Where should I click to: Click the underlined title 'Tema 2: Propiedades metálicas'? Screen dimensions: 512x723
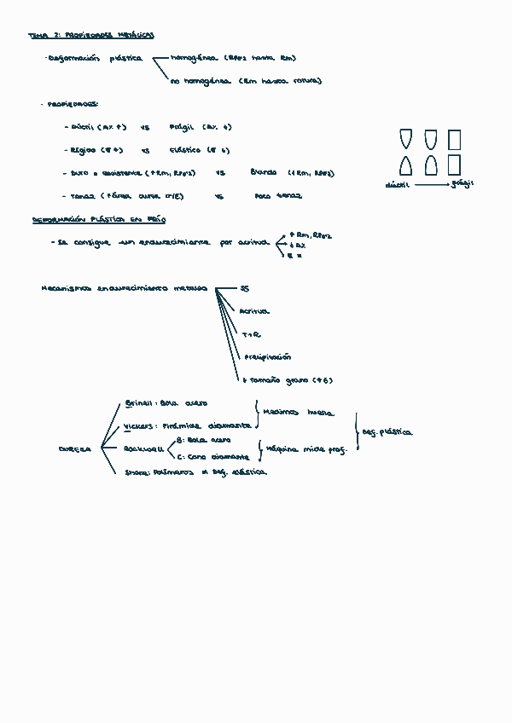point(91,36)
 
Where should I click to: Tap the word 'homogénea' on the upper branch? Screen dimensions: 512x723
point(195,59)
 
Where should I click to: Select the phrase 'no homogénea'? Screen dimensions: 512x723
point(200,82)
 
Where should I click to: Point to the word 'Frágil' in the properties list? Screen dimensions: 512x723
point(182,127)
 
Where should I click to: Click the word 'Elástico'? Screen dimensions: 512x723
point(184,150)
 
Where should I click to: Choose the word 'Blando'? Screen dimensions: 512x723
point(264,172)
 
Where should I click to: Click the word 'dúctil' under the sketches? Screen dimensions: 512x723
point(397,184)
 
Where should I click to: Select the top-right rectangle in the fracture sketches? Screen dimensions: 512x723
point(454,139)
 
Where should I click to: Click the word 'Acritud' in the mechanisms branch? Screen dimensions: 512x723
point(254,312)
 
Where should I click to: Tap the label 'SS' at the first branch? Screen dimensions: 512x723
point(245,289)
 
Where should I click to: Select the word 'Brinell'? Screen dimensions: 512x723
point(139,402)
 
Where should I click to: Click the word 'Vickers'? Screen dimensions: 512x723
point(139,425)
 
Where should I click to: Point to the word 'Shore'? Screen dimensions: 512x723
point(137,471)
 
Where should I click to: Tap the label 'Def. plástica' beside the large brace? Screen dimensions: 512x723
point(387,432)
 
